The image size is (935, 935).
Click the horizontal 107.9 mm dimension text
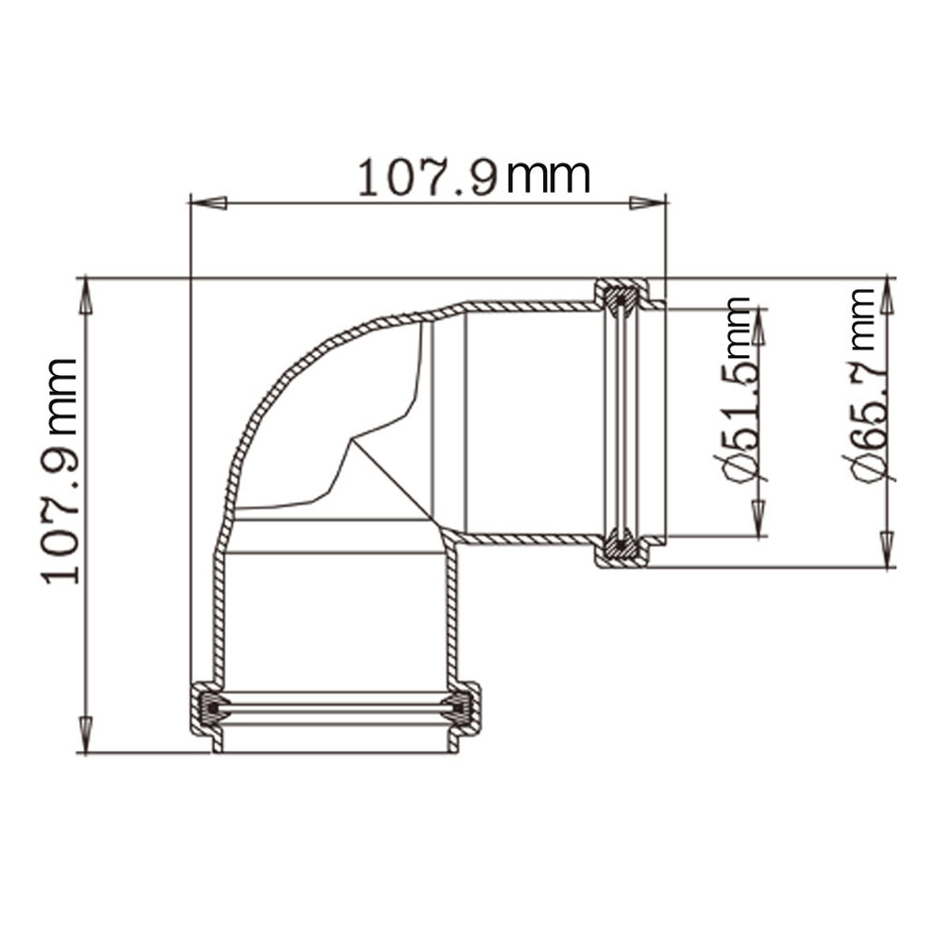474,177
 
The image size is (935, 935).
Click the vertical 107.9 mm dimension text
59,471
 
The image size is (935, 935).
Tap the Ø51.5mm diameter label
739,390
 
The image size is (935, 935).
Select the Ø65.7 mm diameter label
869,384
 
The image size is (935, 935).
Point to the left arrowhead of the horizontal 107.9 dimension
208,203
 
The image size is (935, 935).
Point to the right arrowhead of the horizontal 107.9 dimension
648,203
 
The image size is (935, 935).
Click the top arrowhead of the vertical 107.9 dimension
86,296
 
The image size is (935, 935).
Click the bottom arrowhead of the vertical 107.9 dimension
86,735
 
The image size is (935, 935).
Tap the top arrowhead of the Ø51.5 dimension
758,326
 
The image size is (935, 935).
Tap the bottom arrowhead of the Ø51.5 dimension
758,518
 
